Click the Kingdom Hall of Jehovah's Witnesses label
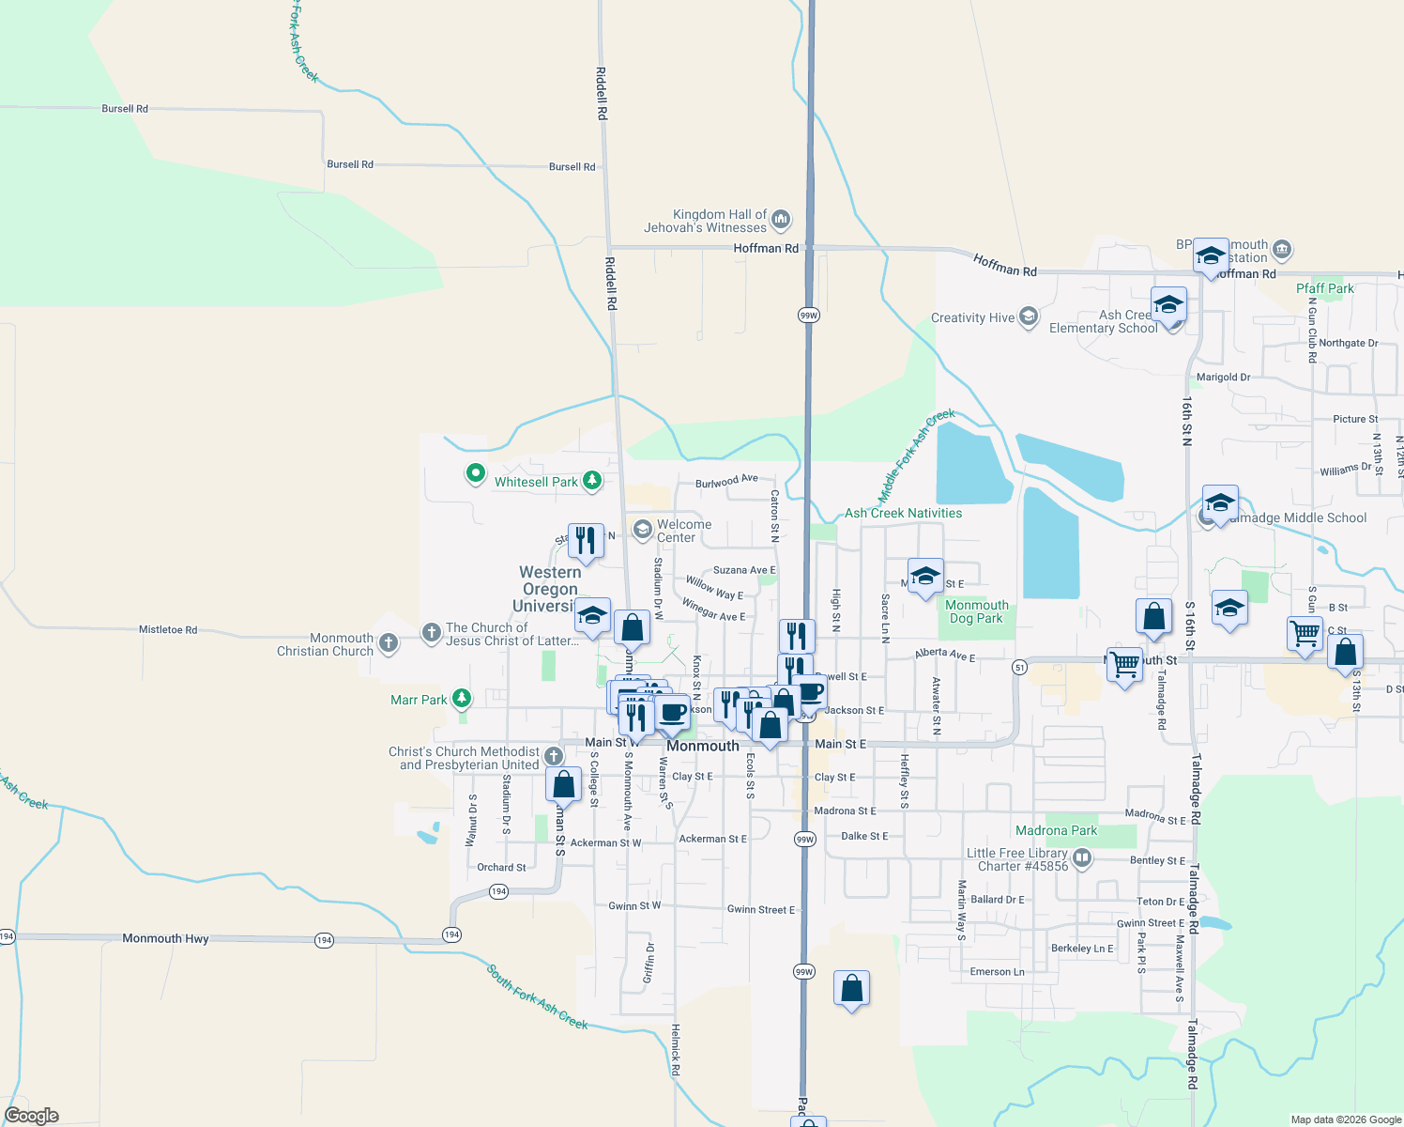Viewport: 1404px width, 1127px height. point(705,221)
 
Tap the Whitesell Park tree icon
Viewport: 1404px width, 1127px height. point(591,482)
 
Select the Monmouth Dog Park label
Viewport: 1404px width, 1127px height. point(976,612)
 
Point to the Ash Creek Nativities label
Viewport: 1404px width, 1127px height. point(903,513)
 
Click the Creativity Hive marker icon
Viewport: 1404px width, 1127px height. point(1029,317)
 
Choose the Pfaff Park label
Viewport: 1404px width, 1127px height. point(1324,288)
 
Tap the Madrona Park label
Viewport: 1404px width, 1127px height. point(1056,830)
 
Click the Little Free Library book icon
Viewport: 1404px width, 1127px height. point(1082,857)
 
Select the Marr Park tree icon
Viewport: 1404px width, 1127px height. point(461,699)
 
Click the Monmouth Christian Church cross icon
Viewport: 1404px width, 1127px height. point(389,644)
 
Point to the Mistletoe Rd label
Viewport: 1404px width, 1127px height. point(168,630)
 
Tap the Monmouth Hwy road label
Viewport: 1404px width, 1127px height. point(165,938)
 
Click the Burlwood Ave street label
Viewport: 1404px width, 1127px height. point(726,482)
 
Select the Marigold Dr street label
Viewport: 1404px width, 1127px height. point(1223,378)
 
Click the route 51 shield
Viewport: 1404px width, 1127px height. point(1019,667)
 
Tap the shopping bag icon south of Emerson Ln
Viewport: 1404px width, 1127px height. point(851,990)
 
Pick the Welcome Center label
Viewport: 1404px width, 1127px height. point(684,531)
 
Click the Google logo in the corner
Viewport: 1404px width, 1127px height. point(32,1116)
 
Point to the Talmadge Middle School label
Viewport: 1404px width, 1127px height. point(1298,517)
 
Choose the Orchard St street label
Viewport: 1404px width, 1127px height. point(501,868)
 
